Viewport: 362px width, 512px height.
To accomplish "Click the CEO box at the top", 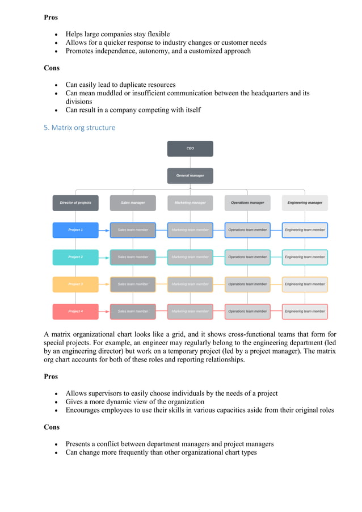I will [x=190, y=148].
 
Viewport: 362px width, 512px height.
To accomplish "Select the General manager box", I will [x=190, y=175].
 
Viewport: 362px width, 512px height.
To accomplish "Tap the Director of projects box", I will [x=75, y=203].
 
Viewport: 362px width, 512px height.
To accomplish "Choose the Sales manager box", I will [x=133, y=203].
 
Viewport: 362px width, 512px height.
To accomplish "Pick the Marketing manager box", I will [x=190, y=203].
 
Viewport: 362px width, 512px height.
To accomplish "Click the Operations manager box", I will [x=247, y=203].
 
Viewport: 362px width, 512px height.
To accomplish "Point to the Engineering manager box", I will [x=305, y=203].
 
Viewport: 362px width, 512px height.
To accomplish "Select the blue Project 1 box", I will [x=75, y=230].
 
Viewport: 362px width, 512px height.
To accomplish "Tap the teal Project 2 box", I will [x=75, y=257].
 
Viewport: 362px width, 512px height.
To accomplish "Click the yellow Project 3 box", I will [x=75, y=284].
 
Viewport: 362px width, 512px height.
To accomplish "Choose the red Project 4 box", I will [x=75, y=311].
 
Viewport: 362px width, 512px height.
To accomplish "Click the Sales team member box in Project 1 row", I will [x=133, y=230].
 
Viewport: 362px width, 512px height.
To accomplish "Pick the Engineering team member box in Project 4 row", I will [x=305, y=311].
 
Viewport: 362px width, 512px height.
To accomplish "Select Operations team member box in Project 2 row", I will [x=247, y=257].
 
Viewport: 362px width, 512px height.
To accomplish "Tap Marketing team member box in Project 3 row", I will [x=190, y=284].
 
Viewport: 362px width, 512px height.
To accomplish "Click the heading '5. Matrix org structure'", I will [x=79, y=128].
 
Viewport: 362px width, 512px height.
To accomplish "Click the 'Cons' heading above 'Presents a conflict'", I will [x=51, y=427].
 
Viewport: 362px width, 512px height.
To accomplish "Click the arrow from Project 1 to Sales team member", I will [x=104, y=230].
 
